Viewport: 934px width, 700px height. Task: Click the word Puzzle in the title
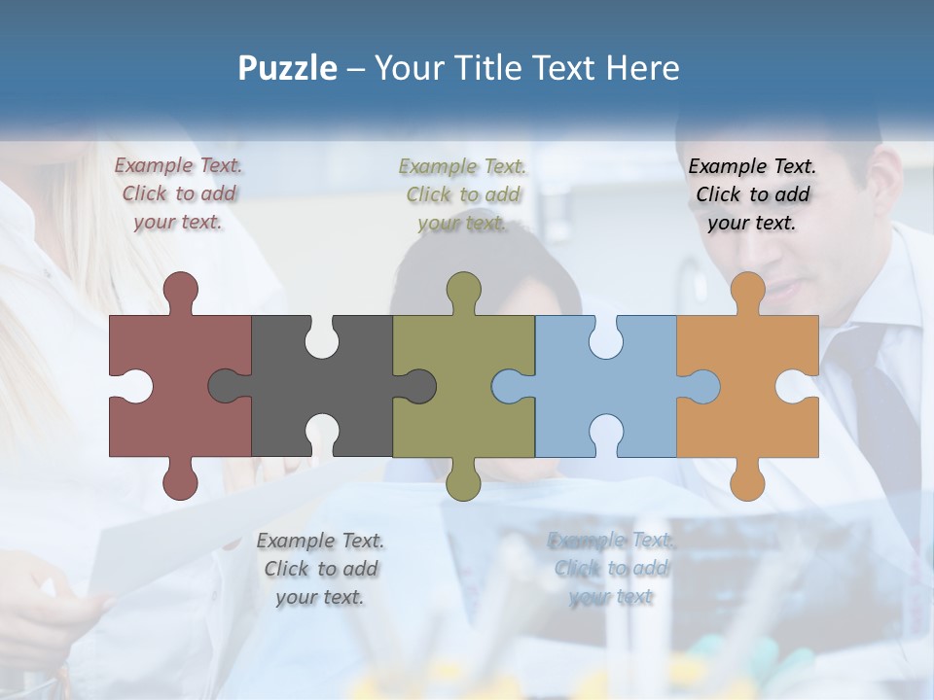[288, 68]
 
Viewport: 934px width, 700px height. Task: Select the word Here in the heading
[642, 68]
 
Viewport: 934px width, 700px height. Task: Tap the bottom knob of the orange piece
[747, 482]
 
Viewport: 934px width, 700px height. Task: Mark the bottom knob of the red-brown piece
[180, 482]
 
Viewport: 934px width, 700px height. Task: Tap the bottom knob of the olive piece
[463, 482]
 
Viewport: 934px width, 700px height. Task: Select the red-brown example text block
[179, 193]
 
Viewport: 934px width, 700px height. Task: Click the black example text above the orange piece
[752, 193]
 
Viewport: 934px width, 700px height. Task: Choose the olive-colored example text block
[463, 194]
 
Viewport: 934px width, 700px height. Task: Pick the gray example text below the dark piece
[320, 569]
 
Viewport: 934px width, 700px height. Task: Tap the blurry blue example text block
[611, 569]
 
